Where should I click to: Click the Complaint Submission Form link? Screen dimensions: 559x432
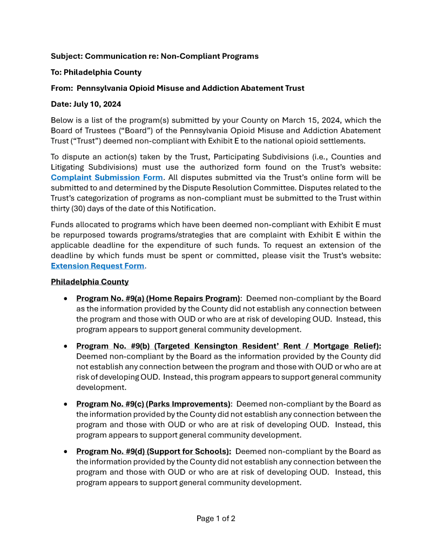(106, 177)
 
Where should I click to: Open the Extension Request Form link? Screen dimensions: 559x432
(97, 266)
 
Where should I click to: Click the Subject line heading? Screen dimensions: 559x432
(154, 56)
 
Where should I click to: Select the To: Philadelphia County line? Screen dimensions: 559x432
(96, 72)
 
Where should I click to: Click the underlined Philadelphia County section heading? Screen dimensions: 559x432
(90, 282)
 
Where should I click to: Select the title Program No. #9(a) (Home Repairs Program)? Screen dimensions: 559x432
(158, 298)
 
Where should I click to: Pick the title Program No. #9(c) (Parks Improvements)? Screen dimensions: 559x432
(153, 404)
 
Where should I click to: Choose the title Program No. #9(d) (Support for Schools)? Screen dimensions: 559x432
(154, 452)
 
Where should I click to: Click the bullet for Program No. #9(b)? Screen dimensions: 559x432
(65, 346)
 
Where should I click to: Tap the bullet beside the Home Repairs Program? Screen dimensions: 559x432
(65, 299)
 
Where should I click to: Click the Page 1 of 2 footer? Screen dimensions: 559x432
(215, 518)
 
